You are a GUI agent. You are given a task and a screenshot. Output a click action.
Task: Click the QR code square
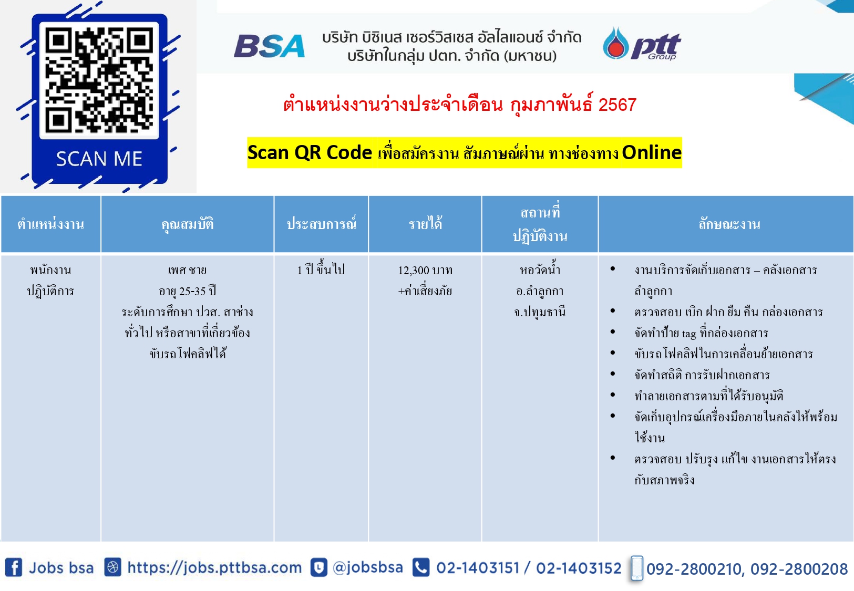coord(99,80)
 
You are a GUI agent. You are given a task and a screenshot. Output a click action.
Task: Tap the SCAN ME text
coord(99,159)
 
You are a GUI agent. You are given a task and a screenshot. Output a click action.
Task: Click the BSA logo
coord(269,46)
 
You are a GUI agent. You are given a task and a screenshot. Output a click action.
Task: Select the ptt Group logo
coord(642,44)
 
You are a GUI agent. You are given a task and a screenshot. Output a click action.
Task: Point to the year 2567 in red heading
coord(617,105)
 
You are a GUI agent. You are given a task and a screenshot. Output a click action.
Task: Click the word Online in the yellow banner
coord(652,152)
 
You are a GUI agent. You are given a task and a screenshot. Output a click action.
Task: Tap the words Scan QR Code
coord(310,152)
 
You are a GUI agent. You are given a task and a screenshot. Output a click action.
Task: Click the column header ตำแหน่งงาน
coord(50,224)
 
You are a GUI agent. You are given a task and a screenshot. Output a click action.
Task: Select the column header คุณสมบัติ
coord(187,224)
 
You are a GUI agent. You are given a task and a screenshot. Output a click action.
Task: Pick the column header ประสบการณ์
coord(322,223)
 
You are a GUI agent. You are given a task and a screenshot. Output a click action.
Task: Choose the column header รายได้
coord(425,223)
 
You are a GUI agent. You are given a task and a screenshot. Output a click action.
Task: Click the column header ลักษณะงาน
coord(729,224)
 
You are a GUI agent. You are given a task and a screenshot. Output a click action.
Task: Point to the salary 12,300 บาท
coord(425,271)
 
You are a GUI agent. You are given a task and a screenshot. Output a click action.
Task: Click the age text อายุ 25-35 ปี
coord(187,292)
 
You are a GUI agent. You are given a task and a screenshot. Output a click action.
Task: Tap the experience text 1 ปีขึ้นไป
coord(321,269)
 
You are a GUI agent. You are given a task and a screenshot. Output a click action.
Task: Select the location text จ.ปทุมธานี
coord(540,312)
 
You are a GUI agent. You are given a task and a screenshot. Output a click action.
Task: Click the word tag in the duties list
coord(689,334)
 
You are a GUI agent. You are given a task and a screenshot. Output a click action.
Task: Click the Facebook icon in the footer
coord(13,568)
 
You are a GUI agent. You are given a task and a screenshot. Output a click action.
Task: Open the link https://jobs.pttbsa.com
coord(214,568)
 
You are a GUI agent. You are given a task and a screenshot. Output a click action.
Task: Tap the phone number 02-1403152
coord(579,568)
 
